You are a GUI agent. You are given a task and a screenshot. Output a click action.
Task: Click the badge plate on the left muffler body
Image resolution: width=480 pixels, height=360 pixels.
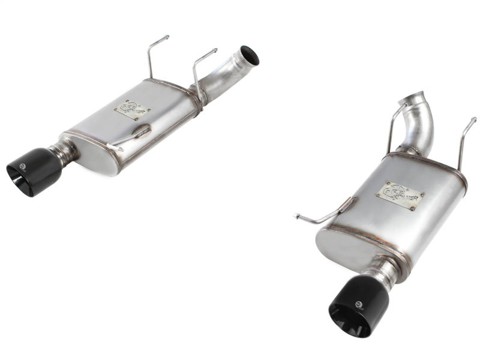(x=132, y=110)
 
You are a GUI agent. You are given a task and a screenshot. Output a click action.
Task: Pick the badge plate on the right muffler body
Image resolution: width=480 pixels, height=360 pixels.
(x=400, y=196)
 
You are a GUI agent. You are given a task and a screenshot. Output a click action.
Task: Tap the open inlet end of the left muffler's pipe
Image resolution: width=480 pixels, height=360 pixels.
(x=250, y=55)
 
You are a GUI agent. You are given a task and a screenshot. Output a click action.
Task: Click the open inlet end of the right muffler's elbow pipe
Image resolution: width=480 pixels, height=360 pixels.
(x=419, y=100)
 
